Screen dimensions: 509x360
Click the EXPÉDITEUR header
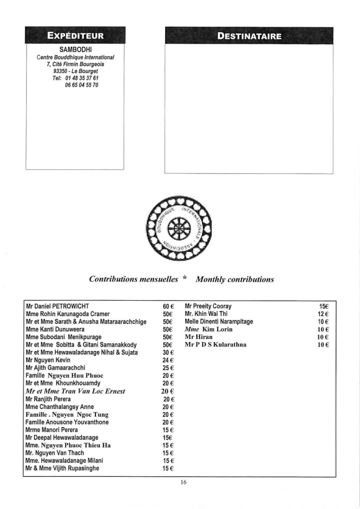75,36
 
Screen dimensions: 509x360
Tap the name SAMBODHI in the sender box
75,49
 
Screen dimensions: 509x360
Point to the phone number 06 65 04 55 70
82,85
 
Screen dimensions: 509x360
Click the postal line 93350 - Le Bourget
75,71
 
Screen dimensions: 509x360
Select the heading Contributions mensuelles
133,280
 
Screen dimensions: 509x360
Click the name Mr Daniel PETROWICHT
61,306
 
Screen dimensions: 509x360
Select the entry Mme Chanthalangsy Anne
60,406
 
